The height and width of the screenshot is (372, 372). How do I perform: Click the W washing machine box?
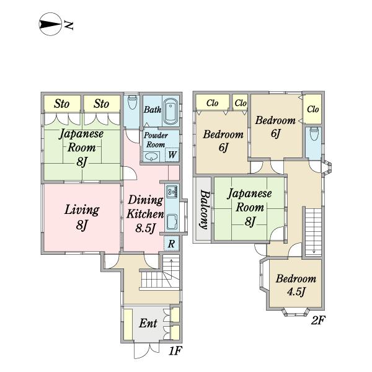click(172, 154)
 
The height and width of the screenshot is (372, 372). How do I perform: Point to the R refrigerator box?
click(171, 244)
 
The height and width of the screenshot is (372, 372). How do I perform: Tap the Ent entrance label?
click(148, 323)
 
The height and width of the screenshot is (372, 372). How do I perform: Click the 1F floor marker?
click(175, 352)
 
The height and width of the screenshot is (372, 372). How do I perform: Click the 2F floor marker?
click(318, 321)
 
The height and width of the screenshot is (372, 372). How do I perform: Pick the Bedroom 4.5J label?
click(296, 285)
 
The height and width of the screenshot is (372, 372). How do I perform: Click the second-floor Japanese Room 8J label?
click(249, 208)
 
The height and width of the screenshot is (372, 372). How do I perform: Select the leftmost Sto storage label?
click(61, 104)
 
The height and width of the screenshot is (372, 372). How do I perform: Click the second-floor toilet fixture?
click(313, 135)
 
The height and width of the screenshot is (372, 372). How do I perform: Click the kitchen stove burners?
click(172, 191)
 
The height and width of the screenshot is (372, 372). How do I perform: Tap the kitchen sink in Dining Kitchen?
click(172, 221)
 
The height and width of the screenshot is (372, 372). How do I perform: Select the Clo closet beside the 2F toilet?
click(312, 109)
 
